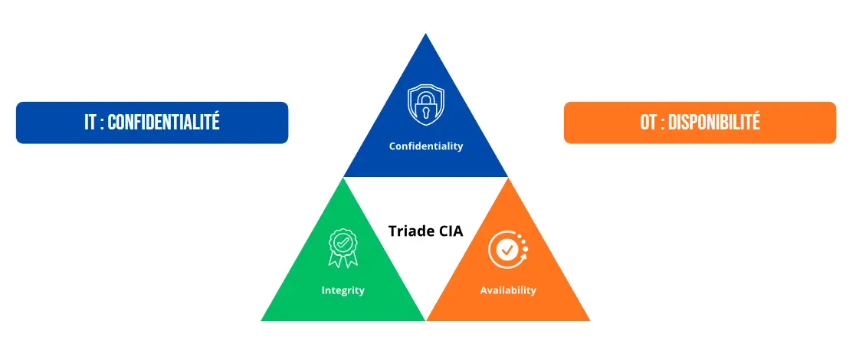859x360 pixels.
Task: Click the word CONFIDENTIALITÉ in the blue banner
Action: (x=163, y=123)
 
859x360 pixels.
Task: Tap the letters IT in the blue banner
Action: (x=90, y=123)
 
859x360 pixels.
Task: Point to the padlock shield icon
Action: (x=425, y=105)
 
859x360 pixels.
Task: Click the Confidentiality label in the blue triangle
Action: (x=425, y=146)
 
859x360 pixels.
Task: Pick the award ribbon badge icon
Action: (x=343, y=248)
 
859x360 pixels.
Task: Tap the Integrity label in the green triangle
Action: (x=343, y=290)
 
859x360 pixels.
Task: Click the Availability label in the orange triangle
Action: (x=508, y=290)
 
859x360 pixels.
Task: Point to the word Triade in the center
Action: (x=409, y=231)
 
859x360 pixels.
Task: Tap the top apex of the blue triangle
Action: (x=425, y=34)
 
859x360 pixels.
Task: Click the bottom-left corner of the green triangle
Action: (x=262, y=320)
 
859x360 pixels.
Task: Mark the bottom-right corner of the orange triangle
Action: (x=589, y=320)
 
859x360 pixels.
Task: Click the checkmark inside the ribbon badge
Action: (x=343, y=242)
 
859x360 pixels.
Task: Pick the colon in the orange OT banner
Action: (x=662, y=123)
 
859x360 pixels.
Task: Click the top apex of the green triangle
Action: (x=343, y=178)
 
